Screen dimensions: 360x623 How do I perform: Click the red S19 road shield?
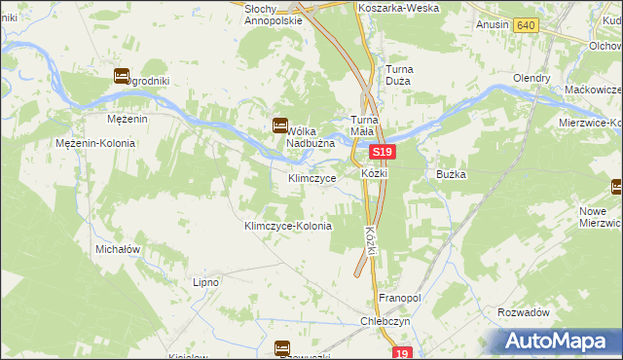click(x=383, y=153)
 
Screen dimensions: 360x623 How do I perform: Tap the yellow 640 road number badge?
click(x=526, y=24)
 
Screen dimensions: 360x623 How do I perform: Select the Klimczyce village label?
click(x=312, y=179)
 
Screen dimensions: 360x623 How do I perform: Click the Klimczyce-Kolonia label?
click(x=287, y=226)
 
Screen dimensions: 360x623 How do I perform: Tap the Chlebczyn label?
click(x=382, y=321)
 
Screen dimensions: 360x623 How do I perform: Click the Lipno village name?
click(x=205, y=282)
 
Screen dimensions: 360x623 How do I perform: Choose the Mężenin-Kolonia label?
click(x=96, y=143)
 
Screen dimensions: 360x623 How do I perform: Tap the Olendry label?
click(x=534, y=78)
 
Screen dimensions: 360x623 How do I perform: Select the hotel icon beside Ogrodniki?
click(x=123, y=75)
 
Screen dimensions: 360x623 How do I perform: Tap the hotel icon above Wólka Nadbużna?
click(x=280, y=125)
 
